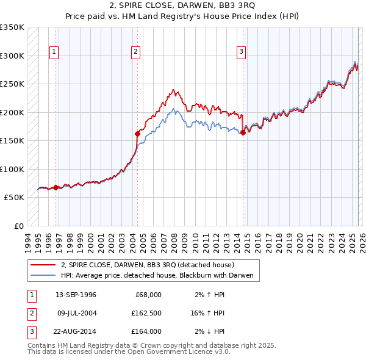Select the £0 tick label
(18, 226)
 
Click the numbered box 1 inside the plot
(54, 52)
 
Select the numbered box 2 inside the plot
(135, 52)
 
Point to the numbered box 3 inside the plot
(242, 52)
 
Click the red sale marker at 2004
(137, 133)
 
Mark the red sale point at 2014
(243, 133)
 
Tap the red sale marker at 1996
(56, 187)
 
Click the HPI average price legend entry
(160, 276)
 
